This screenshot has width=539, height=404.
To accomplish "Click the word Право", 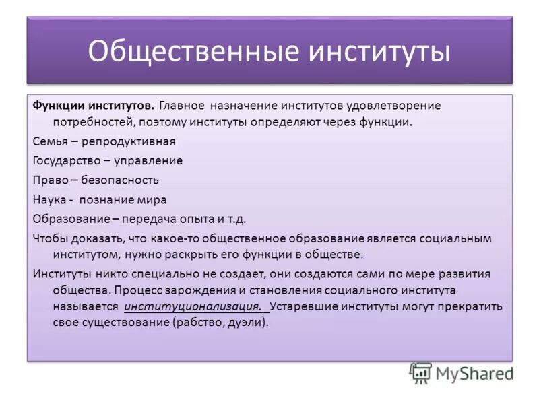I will point(48,180).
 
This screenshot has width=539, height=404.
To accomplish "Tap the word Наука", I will point(48,200).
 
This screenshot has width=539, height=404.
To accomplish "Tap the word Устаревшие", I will point(305,306).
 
